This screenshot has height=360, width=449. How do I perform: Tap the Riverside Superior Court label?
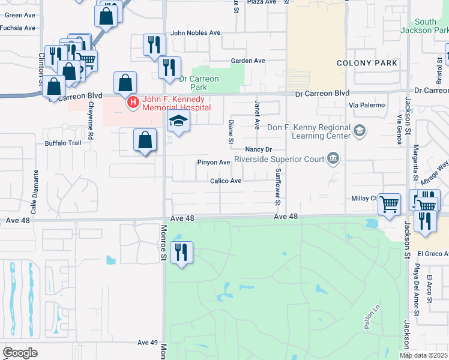tap(278, 160)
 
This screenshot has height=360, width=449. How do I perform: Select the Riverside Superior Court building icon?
tap(334, 160)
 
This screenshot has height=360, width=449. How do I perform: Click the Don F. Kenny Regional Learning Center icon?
tap(360, 131)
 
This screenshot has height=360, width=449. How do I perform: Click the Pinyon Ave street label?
tap(214, 163)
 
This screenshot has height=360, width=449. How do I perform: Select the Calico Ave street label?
tap(226, 181)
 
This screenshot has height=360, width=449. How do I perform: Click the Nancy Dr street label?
tap(259, 149)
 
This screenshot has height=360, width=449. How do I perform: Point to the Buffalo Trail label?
tap(63, 143)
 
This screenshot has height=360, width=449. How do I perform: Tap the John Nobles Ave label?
tap(196, 33)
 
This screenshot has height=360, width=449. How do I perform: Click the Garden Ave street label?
tap(248, 61)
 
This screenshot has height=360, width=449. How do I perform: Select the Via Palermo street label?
tap(365, 104)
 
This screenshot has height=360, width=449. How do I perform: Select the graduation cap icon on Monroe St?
tap(178, 121)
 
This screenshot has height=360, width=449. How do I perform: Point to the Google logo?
tap(20, 352)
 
